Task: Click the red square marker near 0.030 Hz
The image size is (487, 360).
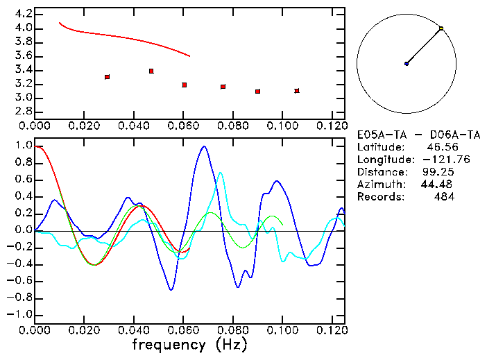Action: pyautogui.click(x=107, y=77)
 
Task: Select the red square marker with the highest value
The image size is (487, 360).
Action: pyautogui.click(x=151, y=71)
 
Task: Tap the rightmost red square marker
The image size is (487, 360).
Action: pyautogui.click(x=297, y=91)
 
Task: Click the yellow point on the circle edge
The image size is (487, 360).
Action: pyautogui.click(x=441, y=28)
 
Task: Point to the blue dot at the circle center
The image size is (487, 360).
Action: pyautogui.click(x=407, y=64)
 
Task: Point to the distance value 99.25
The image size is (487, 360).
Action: pyautogui.click(x=438, y=172)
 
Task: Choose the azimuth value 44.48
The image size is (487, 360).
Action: pyautogui.click(x=437, y=185)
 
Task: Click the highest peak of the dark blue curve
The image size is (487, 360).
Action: pyautogui.click(x=203, y=146)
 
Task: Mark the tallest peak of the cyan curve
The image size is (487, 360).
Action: pyautogui.click(x=221, y=173)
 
